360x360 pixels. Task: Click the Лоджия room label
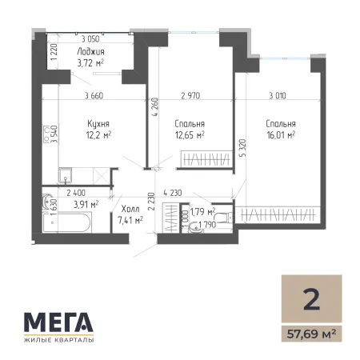point(90,52)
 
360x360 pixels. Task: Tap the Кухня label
point(98,124)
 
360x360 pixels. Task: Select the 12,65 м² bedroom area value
point(190,135)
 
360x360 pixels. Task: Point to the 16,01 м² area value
point(281,135)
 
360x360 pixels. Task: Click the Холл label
point(130,209)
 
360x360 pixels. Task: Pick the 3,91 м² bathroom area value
point(86,205)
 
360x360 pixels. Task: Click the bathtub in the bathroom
point(67,222)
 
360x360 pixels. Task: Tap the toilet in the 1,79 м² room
point(224,218)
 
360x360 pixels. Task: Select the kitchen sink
point(65,175)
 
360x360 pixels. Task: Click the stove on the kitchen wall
point(46,134)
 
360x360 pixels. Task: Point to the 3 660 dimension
point(94,95)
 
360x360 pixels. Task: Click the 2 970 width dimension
point(190,95)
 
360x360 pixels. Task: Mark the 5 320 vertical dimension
point(243,148)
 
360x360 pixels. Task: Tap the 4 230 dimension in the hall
point(173,193)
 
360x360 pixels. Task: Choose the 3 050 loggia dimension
point(90,39)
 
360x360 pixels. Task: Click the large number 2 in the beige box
point(311,299)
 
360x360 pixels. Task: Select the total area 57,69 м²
point(311,334)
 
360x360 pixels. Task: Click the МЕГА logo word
point(58,322)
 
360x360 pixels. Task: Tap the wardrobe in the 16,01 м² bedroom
point(278,214)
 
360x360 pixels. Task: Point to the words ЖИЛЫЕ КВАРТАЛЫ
point(58,340)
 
